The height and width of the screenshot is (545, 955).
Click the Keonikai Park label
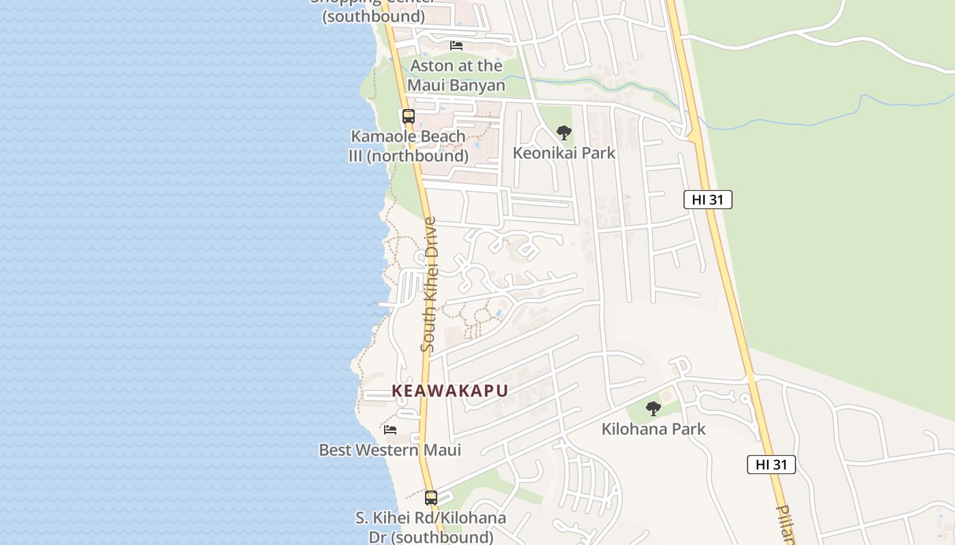[563, 153]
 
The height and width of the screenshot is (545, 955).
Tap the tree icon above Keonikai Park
[563, 133]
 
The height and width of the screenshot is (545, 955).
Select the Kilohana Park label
[653, 429]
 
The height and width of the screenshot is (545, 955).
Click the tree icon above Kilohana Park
[653, 409]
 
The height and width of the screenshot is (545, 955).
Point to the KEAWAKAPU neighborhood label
[450, 391]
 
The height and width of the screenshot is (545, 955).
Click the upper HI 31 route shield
[707, 200]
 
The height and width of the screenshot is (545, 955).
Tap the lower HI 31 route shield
[771, 465]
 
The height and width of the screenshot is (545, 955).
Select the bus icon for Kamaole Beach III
[408, 116]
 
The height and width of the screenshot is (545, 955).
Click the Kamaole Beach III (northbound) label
[408, 146]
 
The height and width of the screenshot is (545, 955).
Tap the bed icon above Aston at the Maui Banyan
[456, 46]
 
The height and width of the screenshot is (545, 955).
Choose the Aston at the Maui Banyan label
[456, 76]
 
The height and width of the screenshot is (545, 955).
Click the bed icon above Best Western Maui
[390, 430]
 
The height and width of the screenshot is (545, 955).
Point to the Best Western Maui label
[390, 450]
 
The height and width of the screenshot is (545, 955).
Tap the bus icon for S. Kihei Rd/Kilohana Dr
[430, 497]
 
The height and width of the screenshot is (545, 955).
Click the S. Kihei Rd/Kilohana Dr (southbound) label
[430, 527]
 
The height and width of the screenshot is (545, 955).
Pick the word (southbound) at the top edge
[373, 16]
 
